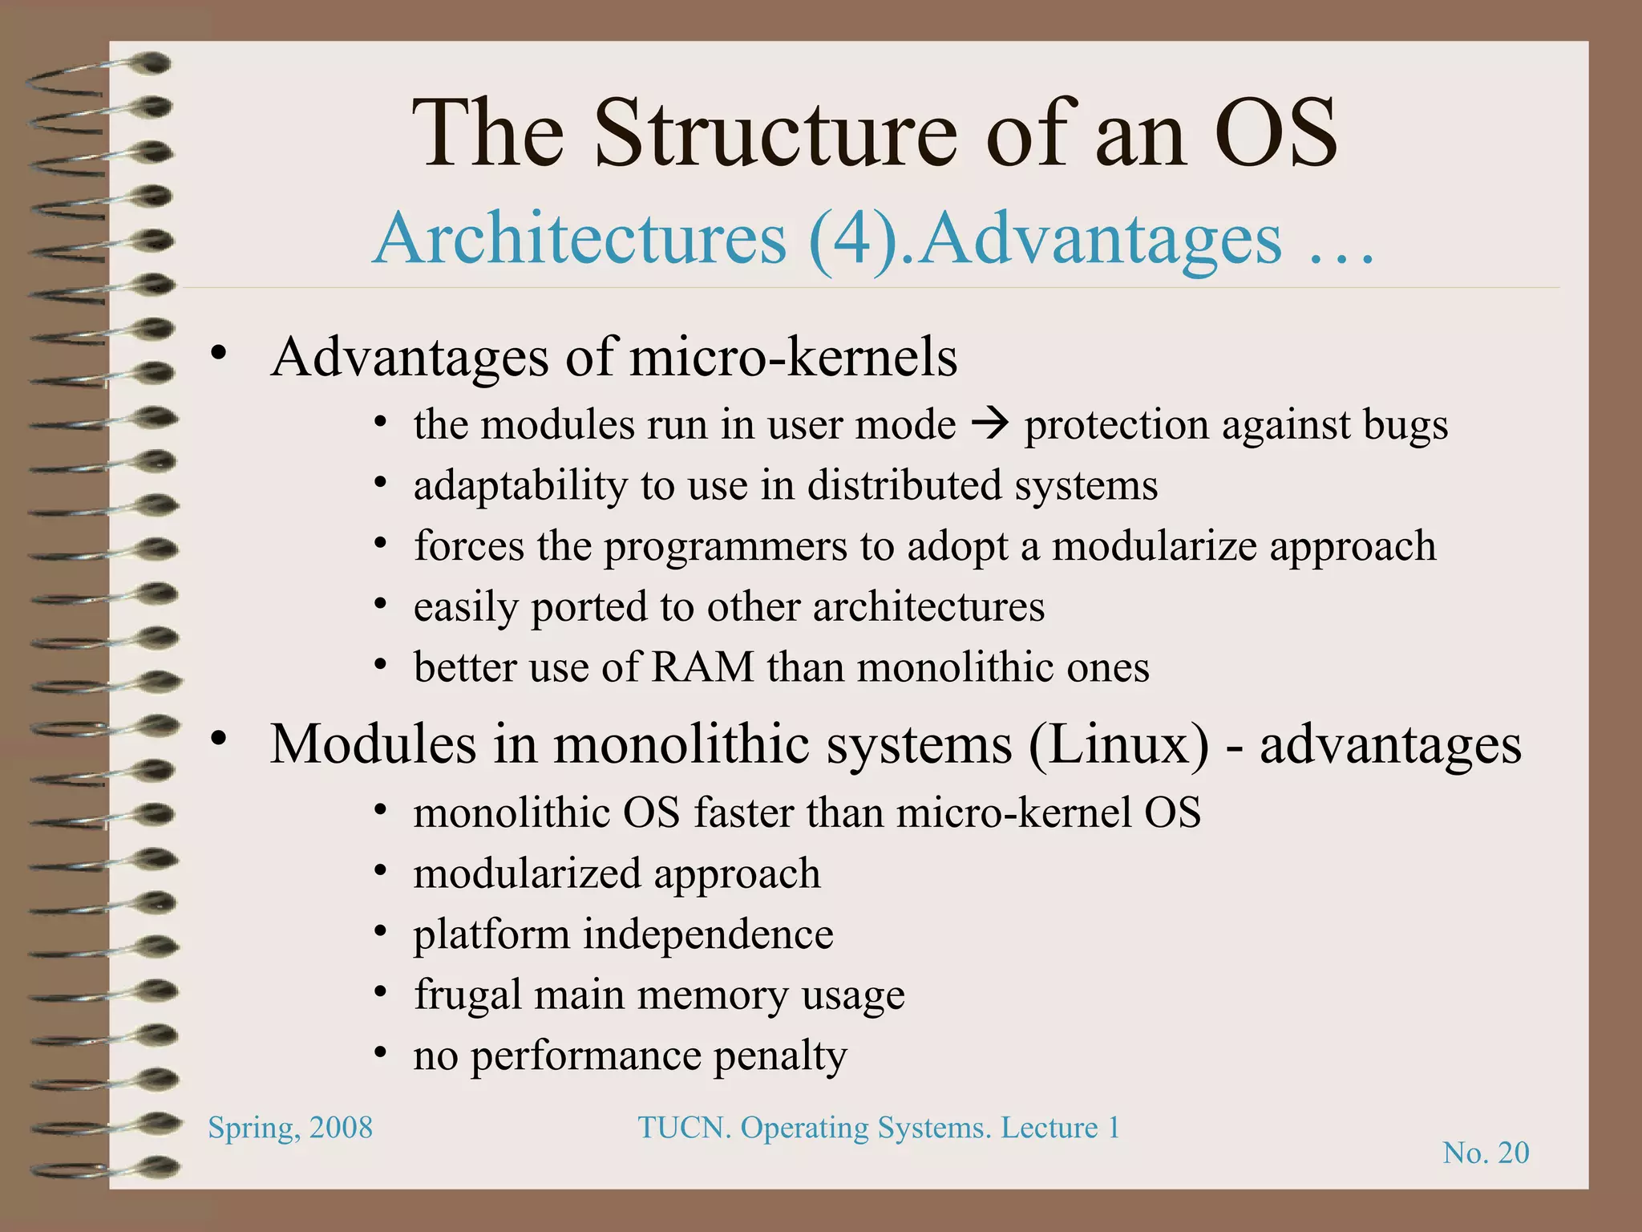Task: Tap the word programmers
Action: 725,547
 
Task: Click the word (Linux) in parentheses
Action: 1118,744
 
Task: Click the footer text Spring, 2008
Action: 290,1128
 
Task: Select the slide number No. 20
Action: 1486,1153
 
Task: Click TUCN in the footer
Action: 683,1128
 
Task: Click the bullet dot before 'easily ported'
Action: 381,603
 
